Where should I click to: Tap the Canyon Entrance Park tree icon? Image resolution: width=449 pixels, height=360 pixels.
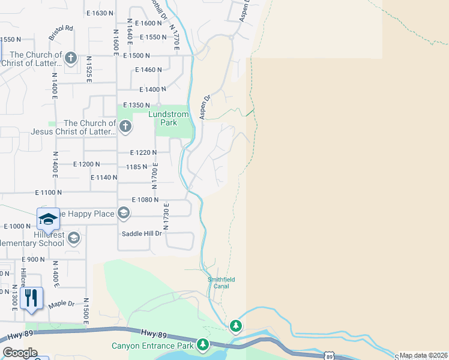(203, 344)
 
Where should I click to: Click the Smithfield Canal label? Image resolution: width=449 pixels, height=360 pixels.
(221, 283)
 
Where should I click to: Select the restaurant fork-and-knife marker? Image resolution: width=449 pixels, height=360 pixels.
(31, 298)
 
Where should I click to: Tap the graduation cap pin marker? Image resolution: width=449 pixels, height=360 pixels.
(48, 218)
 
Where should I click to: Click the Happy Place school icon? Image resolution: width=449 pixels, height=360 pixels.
(123, 213)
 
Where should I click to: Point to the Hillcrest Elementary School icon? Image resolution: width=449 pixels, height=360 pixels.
(73, 239)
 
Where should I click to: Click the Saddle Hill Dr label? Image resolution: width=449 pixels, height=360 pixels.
(142, 233)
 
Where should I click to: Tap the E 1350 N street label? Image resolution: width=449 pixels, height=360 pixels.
(136, 105)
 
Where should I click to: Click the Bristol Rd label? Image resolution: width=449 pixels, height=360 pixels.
(61, 28)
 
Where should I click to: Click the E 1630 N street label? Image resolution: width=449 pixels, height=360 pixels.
(100, 13)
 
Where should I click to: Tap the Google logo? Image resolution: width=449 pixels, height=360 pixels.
(20, 353)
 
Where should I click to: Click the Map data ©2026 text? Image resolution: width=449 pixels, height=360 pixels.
(423, 355)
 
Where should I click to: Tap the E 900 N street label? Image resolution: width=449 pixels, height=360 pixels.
(33, 259)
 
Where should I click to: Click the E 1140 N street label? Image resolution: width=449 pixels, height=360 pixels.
(103, 178)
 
